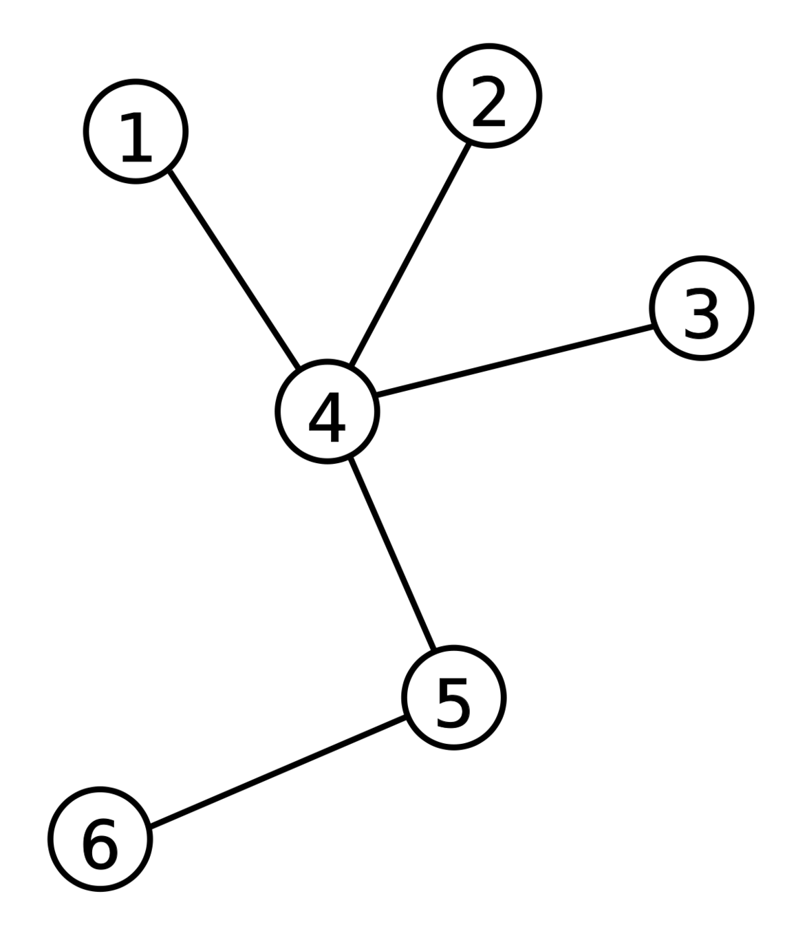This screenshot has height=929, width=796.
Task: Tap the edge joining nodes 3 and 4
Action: click(514, 361)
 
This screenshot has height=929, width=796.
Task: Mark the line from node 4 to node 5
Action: click(391, 553)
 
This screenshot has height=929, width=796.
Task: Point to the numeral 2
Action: click(488, 102)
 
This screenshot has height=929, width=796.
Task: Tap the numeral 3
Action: click(701, 314)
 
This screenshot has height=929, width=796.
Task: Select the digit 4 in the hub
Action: click(327, 418)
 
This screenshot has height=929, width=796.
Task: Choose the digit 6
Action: click(100, 844)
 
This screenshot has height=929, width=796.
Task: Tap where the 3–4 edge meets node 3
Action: click(652, 326)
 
